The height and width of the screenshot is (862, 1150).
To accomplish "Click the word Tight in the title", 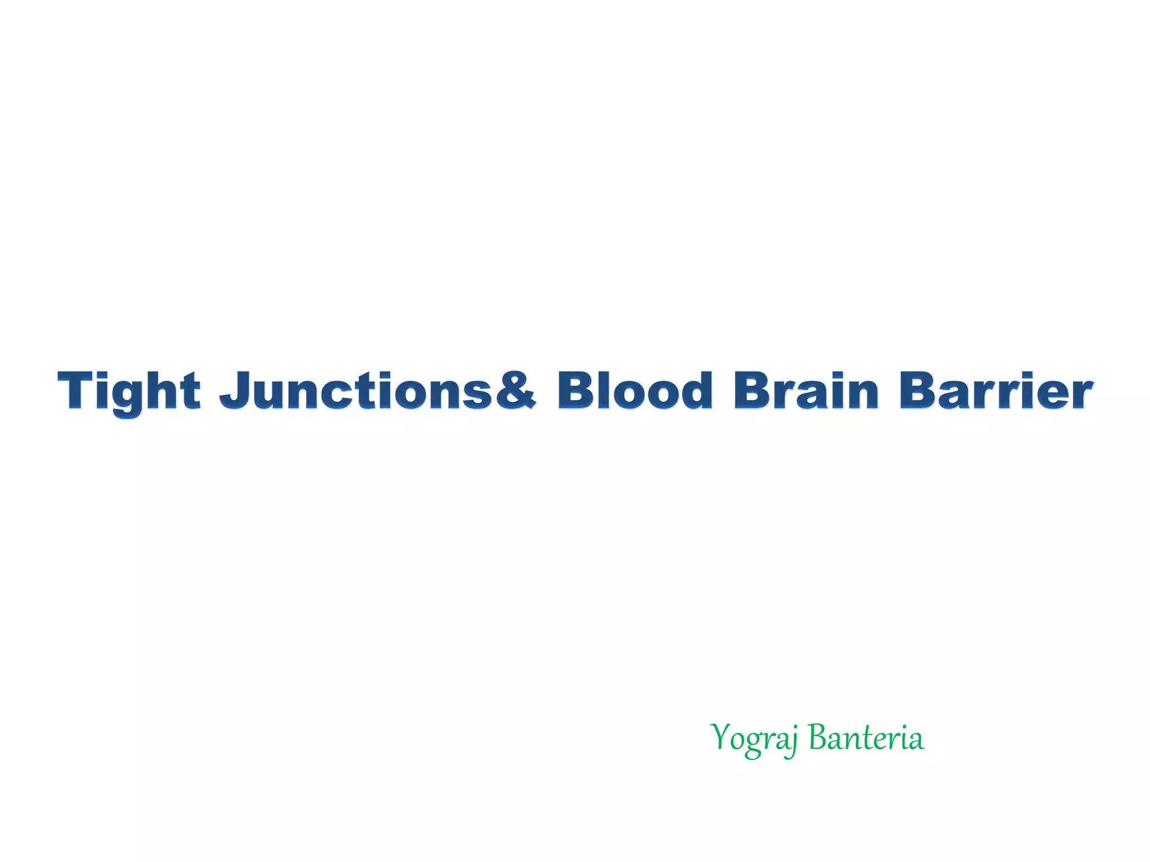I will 129,391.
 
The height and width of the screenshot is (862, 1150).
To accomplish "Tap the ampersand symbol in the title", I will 515,390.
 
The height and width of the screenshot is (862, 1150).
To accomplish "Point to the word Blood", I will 635,390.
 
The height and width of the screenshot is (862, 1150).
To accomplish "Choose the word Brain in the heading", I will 806,390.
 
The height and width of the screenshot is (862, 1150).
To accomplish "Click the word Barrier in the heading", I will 996,390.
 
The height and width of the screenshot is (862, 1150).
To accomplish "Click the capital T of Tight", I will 76,390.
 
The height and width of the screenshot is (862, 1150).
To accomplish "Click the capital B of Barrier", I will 918,390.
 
